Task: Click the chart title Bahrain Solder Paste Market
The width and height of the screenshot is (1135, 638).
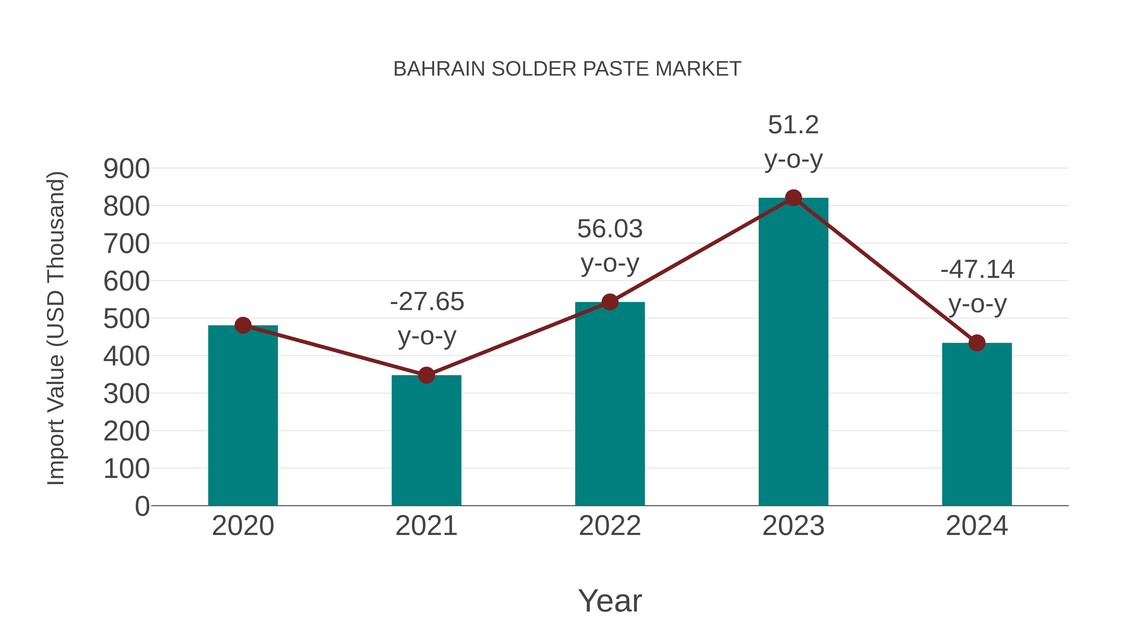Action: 567,69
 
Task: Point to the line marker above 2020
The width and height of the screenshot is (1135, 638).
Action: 243,325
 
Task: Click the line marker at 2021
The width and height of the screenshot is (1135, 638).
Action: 426,375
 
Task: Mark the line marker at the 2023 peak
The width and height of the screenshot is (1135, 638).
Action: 793,198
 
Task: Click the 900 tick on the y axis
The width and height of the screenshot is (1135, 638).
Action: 126,169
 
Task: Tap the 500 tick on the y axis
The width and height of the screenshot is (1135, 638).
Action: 126,319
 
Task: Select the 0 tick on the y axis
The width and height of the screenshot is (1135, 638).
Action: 142,506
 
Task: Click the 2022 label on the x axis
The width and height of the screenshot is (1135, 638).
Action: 610,526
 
